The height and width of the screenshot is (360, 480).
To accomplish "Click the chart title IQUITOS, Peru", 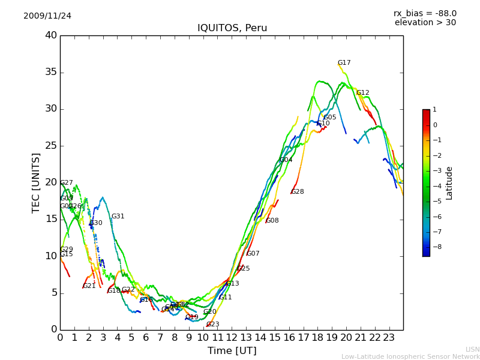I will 232,28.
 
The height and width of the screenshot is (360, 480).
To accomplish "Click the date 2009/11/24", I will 47,16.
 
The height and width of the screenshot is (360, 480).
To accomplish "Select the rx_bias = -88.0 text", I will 425,13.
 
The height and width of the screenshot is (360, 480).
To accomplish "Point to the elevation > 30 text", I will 425,23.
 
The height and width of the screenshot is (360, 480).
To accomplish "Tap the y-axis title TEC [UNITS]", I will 36,182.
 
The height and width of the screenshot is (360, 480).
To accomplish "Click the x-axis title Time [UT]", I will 232,351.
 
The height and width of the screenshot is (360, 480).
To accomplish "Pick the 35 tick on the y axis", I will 51,73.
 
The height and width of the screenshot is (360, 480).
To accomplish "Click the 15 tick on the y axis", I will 51,220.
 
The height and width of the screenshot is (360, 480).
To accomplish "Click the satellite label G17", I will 344,63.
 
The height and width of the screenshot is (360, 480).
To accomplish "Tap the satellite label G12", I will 362,93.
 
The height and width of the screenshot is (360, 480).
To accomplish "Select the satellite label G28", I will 297,192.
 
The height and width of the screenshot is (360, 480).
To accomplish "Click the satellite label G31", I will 118,217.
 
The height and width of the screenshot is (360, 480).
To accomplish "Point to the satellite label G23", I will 212,325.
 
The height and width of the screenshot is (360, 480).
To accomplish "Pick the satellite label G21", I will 89,286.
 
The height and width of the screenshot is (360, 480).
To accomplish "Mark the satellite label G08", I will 272,221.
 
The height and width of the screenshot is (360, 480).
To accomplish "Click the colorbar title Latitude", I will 449,183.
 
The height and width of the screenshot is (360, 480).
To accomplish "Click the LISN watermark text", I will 472,349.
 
